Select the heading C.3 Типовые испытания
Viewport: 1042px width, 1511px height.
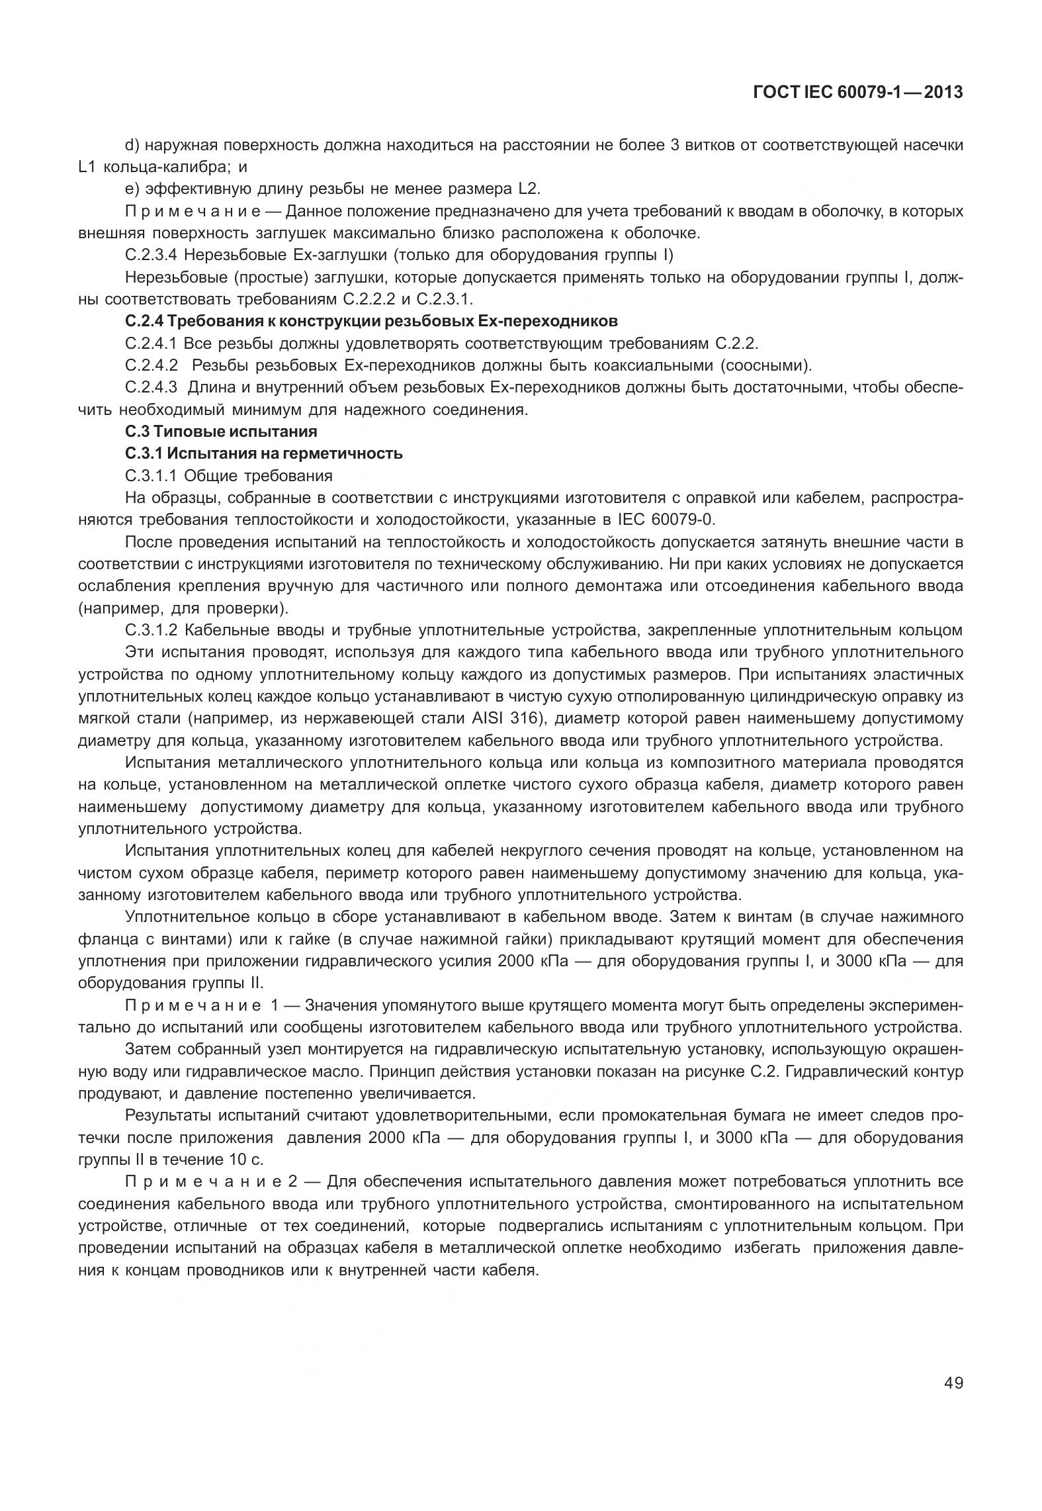[x=221, y=432]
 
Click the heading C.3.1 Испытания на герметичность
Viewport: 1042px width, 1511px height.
[x=263, y=453]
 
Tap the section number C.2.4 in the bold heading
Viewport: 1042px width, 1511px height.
[x=144, y=322]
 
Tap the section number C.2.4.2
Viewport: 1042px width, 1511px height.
[x=152, y=365]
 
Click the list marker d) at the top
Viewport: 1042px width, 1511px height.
[x=131, y=145]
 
